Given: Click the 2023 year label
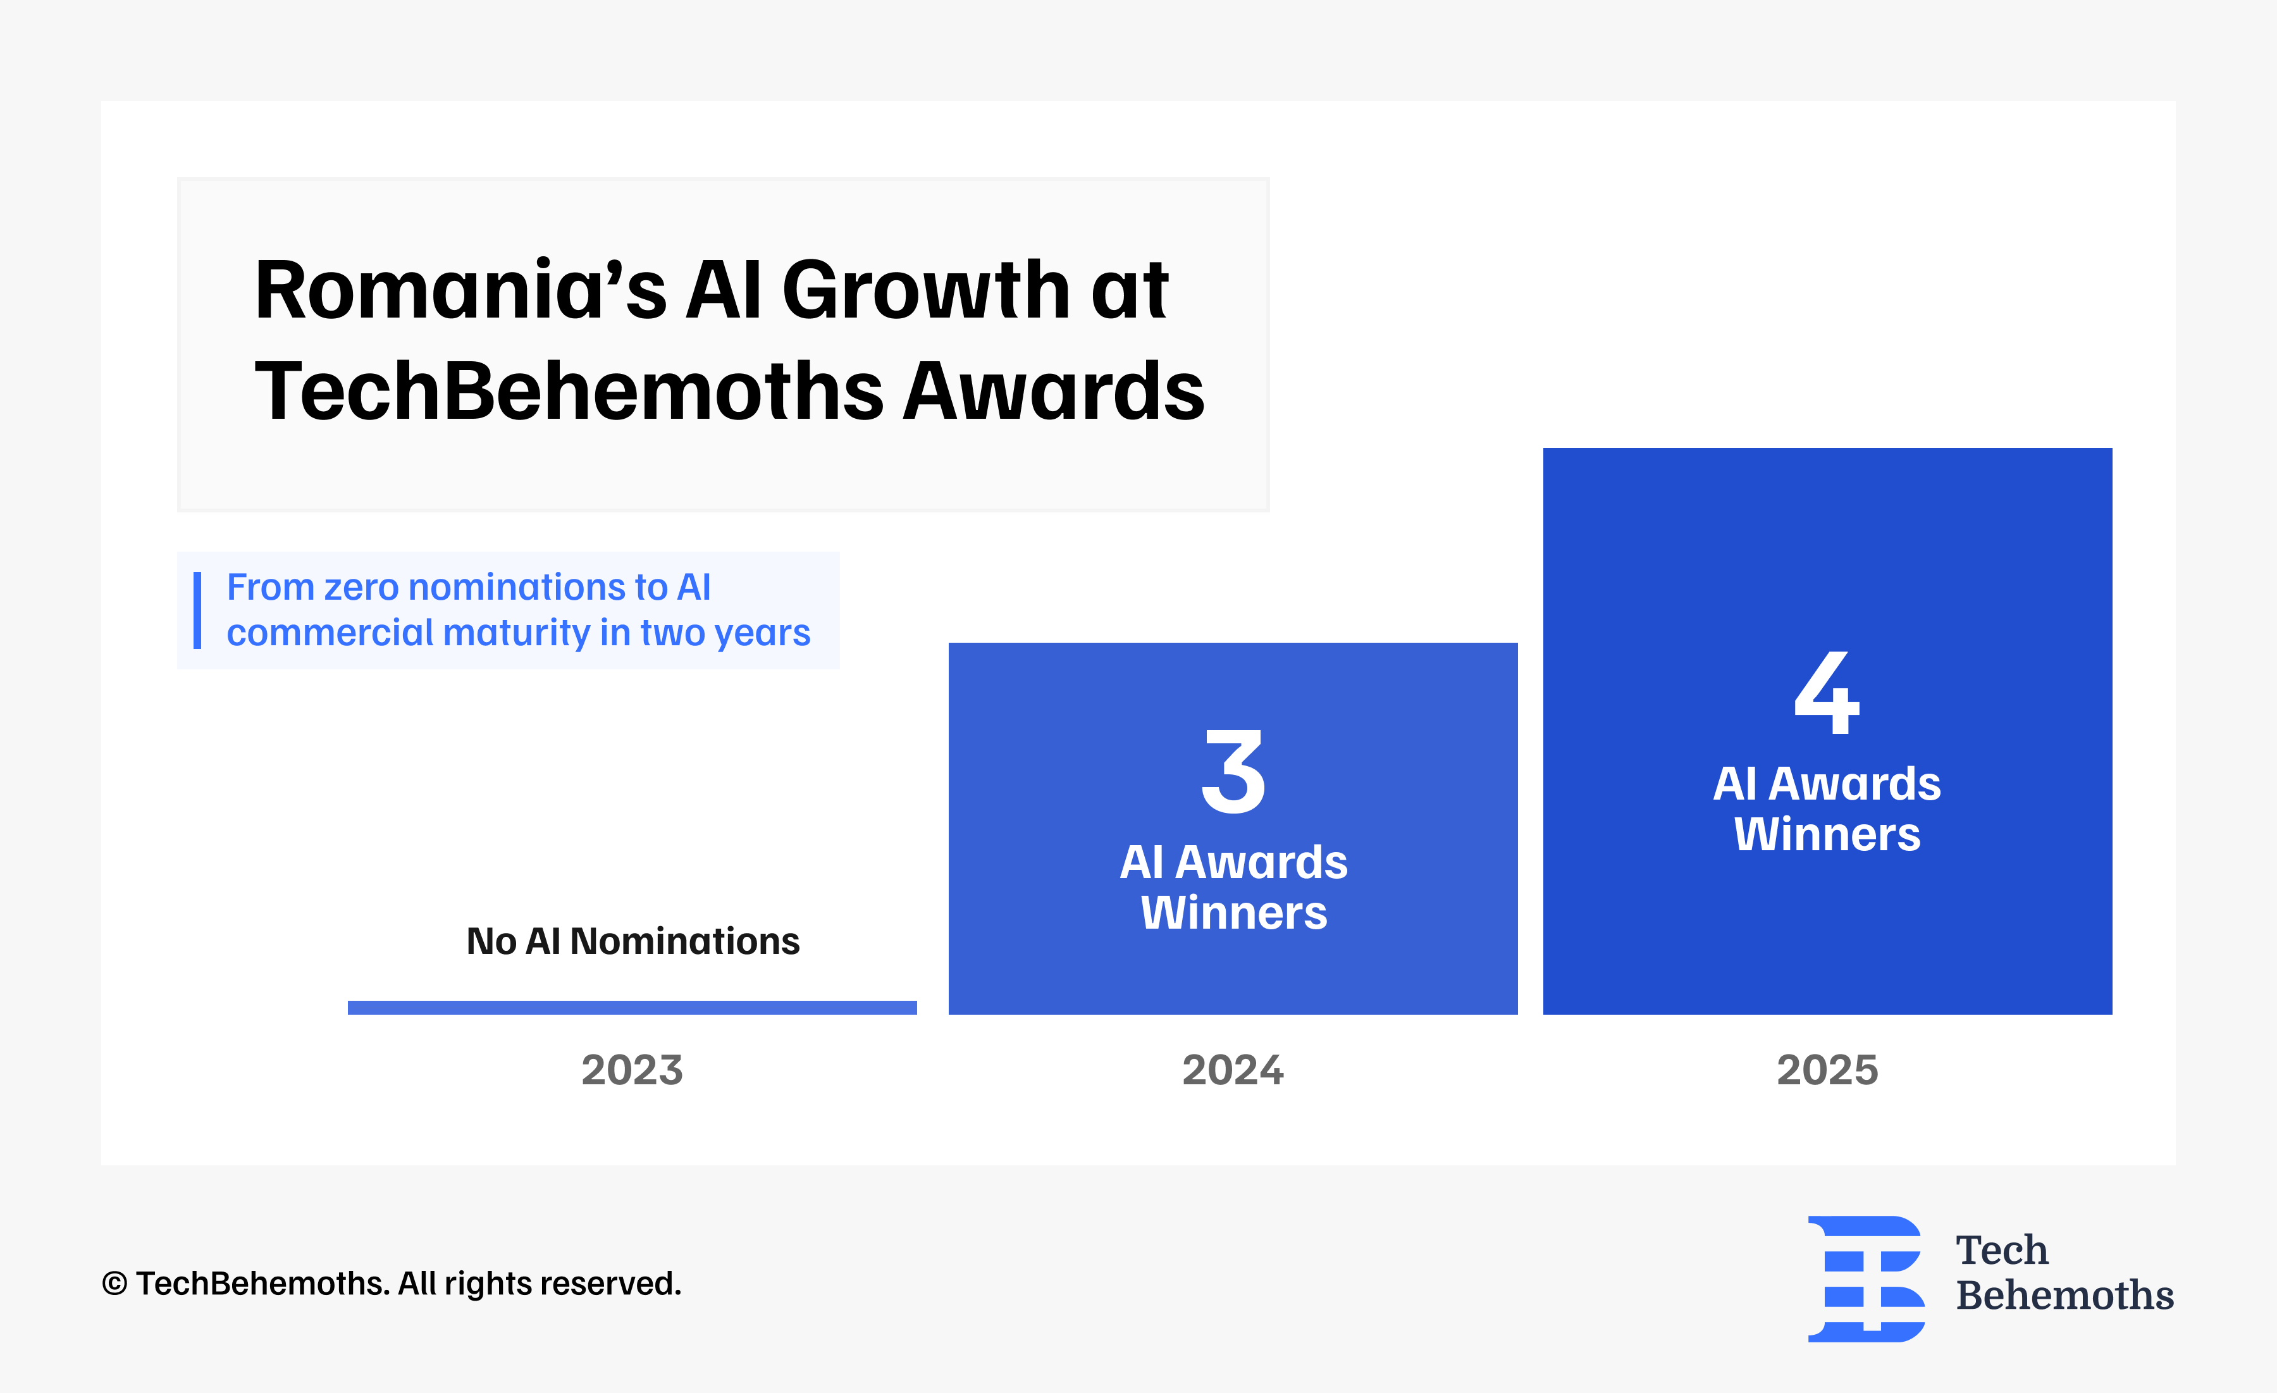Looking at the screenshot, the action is [x=632, y=1070].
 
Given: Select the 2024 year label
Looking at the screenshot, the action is [x=1233, y=1070].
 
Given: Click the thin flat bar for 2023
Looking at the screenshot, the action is [x=632, y=1008].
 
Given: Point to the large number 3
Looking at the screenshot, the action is [x=1233, y=772].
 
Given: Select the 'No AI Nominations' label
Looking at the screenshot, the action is [x=633, y=941].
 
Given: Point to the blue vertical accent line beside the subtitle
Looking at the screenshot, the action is [x=197, y=610].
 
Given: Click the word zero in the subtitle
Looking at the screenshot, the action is [x=361, y=588].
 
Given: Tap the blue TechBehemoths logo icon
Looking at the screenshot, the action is [x=1866, y=1278].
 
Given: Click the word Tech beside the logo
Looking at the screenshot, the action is [x=2002, y=1250].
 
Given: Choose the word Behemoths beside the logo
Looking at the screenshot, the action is [x=2064, y=1295].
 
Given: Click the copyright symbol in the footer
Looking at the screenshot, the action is [x=114, y=1284].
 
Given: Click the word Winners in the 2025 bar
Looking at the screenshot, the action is [x=1827, y=834].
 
